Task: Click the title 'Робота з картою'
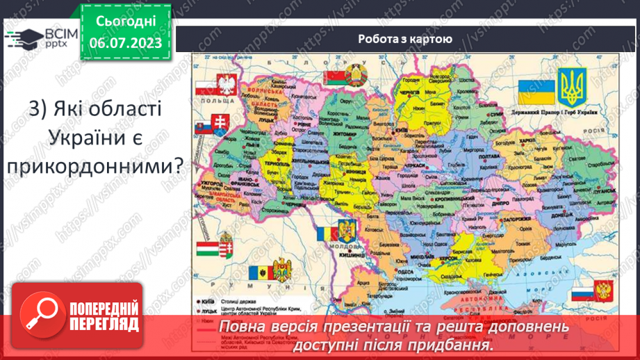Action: pos(405,39)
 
